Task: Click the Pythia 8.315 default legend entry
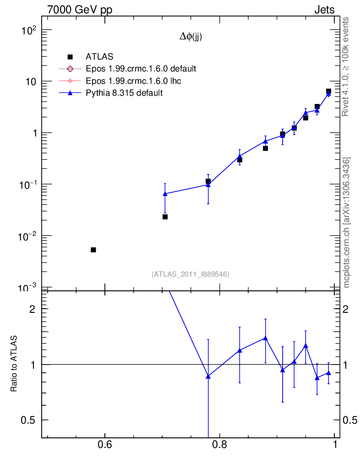[124, 93]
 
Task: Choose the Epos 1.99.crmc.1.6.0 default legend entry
[141, 69]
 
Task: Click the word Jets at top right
[324, 10]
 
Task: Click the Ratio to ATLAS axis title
[14, 364]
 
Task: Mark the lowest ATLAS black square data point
[93, 250]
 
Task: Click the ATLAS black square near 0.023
[165, 217]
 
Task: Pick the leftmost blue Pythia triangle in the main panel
[165, 194]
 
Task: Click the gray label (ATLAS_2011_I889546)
[191, 274]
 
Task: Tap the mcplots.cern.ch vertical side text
[347, 223]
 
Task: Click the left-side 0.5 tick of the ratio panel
[30, 420]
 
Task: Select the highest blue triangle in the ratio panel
[265, 338]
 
